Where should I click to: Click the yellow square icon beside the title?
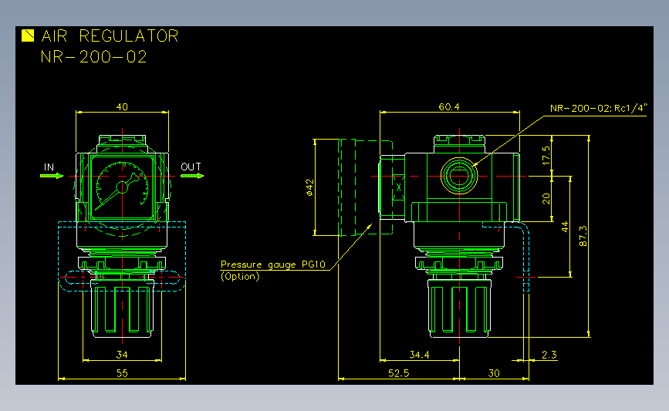[28, 35]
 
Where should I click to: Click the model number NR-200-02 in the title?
[94, 57]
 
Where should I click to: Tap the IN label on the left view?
[49, 167]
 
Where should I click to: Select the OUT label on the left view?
[191, 167]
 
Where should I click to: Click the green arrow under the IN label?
[52, 176]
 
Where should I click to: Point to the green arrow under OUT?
[192, 176]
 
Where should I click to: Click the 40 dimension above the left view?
[122, 106]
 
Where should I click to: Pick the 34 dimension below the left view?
[122, 354]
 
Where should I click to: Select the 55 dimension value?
[122, 373]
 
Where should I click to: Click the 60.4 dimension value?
[449, 106]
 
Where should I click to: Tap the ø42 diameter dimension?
[309, 187]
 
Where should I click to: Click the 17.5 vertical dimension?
[546, 156]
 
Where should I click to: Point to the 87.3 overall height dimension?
[583, 236]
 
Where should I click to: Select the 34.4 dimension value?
[420, 354]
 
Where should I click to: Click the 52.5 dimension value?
[398, 373]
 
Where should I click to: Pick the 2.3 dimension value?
[549, 354]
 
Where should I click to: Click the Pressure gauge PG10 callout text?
[273, 264]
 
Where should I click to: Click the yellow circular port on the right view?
[459, 176]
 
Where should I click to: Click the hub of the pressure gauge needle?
[122, 187]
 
